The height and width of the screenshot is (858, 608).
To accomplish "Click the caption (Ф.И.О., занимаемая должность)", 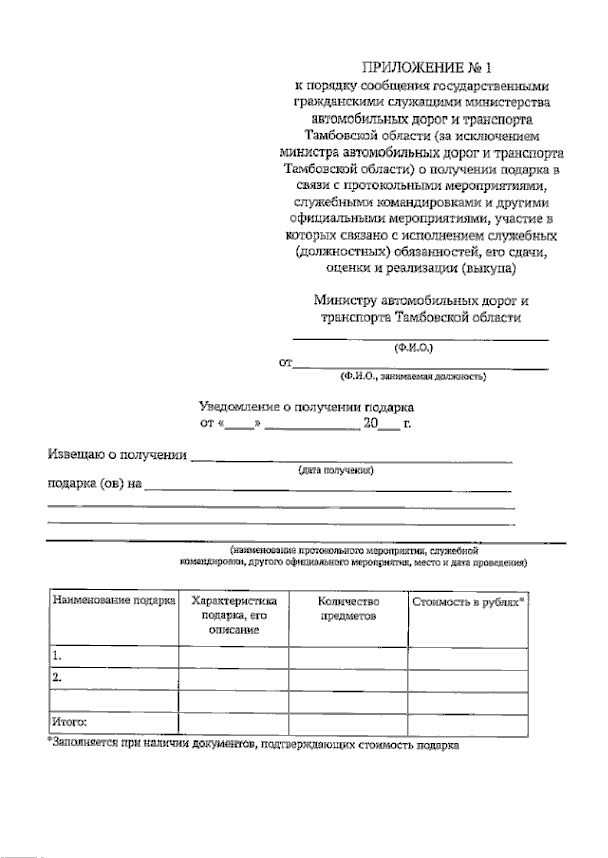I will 413,376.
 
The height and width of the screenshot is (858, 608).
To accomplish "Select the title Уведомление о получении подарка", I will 306,407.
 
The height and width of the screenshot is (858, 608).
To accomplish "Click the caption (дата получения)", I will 336,470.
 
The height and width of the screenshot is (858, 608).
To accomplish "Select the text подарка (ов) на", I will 94,484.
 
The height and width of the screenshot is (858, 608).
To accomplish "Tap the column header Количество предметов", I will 349,609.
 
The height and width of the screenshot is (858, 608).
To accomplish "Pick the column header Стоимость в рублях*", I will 468,602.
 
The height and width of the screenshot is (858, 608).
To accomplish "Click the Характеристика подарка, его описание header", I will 234,615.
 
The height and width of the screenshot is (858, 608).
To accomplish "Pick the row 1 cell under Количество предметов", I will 349,658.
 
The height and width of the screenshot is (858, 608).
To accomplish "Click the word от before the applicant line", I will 285,363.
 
